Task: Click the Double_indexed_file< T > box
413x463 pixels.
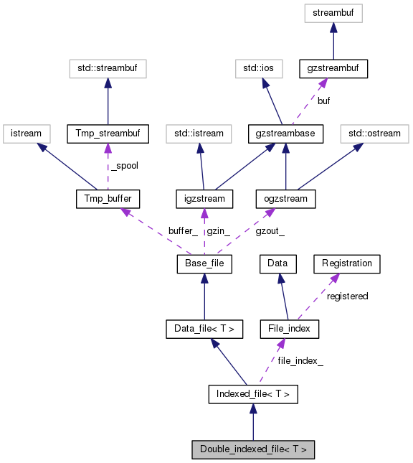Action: pos(252,449)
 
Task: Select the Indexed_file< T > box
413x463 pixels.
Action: pos(252,394)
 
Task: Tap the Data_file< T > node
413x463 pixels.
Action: pos(204,329)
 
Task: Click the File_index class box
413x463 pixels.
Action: pos(289,329)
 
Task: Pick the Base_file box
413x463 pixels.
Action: pos(204,264)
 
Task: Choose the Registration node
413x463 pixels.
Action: pos(347,263)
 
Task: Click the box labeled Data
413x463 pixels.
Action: pos(277,263)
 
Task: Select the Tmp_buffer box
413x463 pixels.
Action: pos(108,198)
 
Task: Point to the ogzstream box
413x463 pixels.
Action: pos(286,198)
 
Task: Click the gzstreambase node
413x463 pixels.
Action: pos(286,134)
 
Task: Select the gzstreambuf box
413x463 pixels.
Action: pos(333,69)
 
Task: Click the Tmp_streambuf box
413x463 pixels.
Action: pos(107,134)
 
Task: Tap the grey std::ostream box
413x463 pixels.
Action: pos(374,134)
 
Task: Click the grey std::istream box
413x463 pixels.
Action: pos(199,134)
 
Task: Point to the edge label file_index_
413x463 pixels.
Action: pos(300,361)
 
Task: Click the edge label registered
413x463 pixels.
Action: pos(347,296)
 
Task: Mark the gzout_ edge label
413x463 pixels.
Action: pos(270,230)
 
